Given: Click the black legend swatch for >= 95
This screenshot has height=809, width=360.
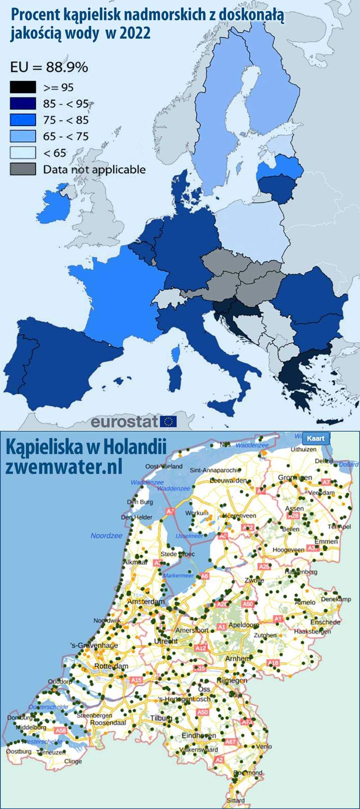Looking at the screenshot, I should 23,87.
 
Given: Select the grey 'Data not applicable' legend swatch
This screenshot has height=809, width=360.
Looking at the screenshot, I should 23,169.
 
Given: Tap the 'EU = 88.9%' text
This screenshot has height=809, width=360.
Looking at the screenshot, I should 49,67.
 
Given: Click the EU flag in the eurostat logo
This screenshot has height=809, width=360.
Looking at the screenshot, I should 168,421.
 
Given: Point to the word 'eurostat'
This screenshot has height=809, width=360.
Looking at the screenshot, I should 124,422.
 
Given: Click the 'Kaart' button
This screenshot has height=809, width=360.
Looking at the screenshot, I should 315,438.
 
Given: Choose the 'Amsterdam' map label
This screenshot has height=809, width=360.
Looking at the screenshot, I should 146,602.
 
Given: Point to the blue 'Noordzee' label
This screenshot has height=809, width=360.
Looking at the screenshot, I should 106,536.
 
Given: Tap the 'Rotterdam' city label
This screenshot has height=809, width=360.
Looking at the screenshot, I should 111,666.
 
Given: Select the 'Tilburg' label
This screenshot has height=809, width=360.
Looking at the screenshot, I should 161,718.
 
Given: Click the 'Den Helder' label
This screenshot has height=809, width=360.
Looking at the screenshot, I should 136,517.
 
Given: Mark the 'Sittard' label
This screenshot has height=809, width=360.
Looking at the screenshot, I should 236,800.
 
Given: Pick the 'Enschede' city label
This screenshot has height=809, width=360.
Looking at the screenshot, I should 325,622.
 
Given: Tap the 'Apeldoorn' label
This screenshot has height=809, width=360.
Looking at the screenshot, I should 244,625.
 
